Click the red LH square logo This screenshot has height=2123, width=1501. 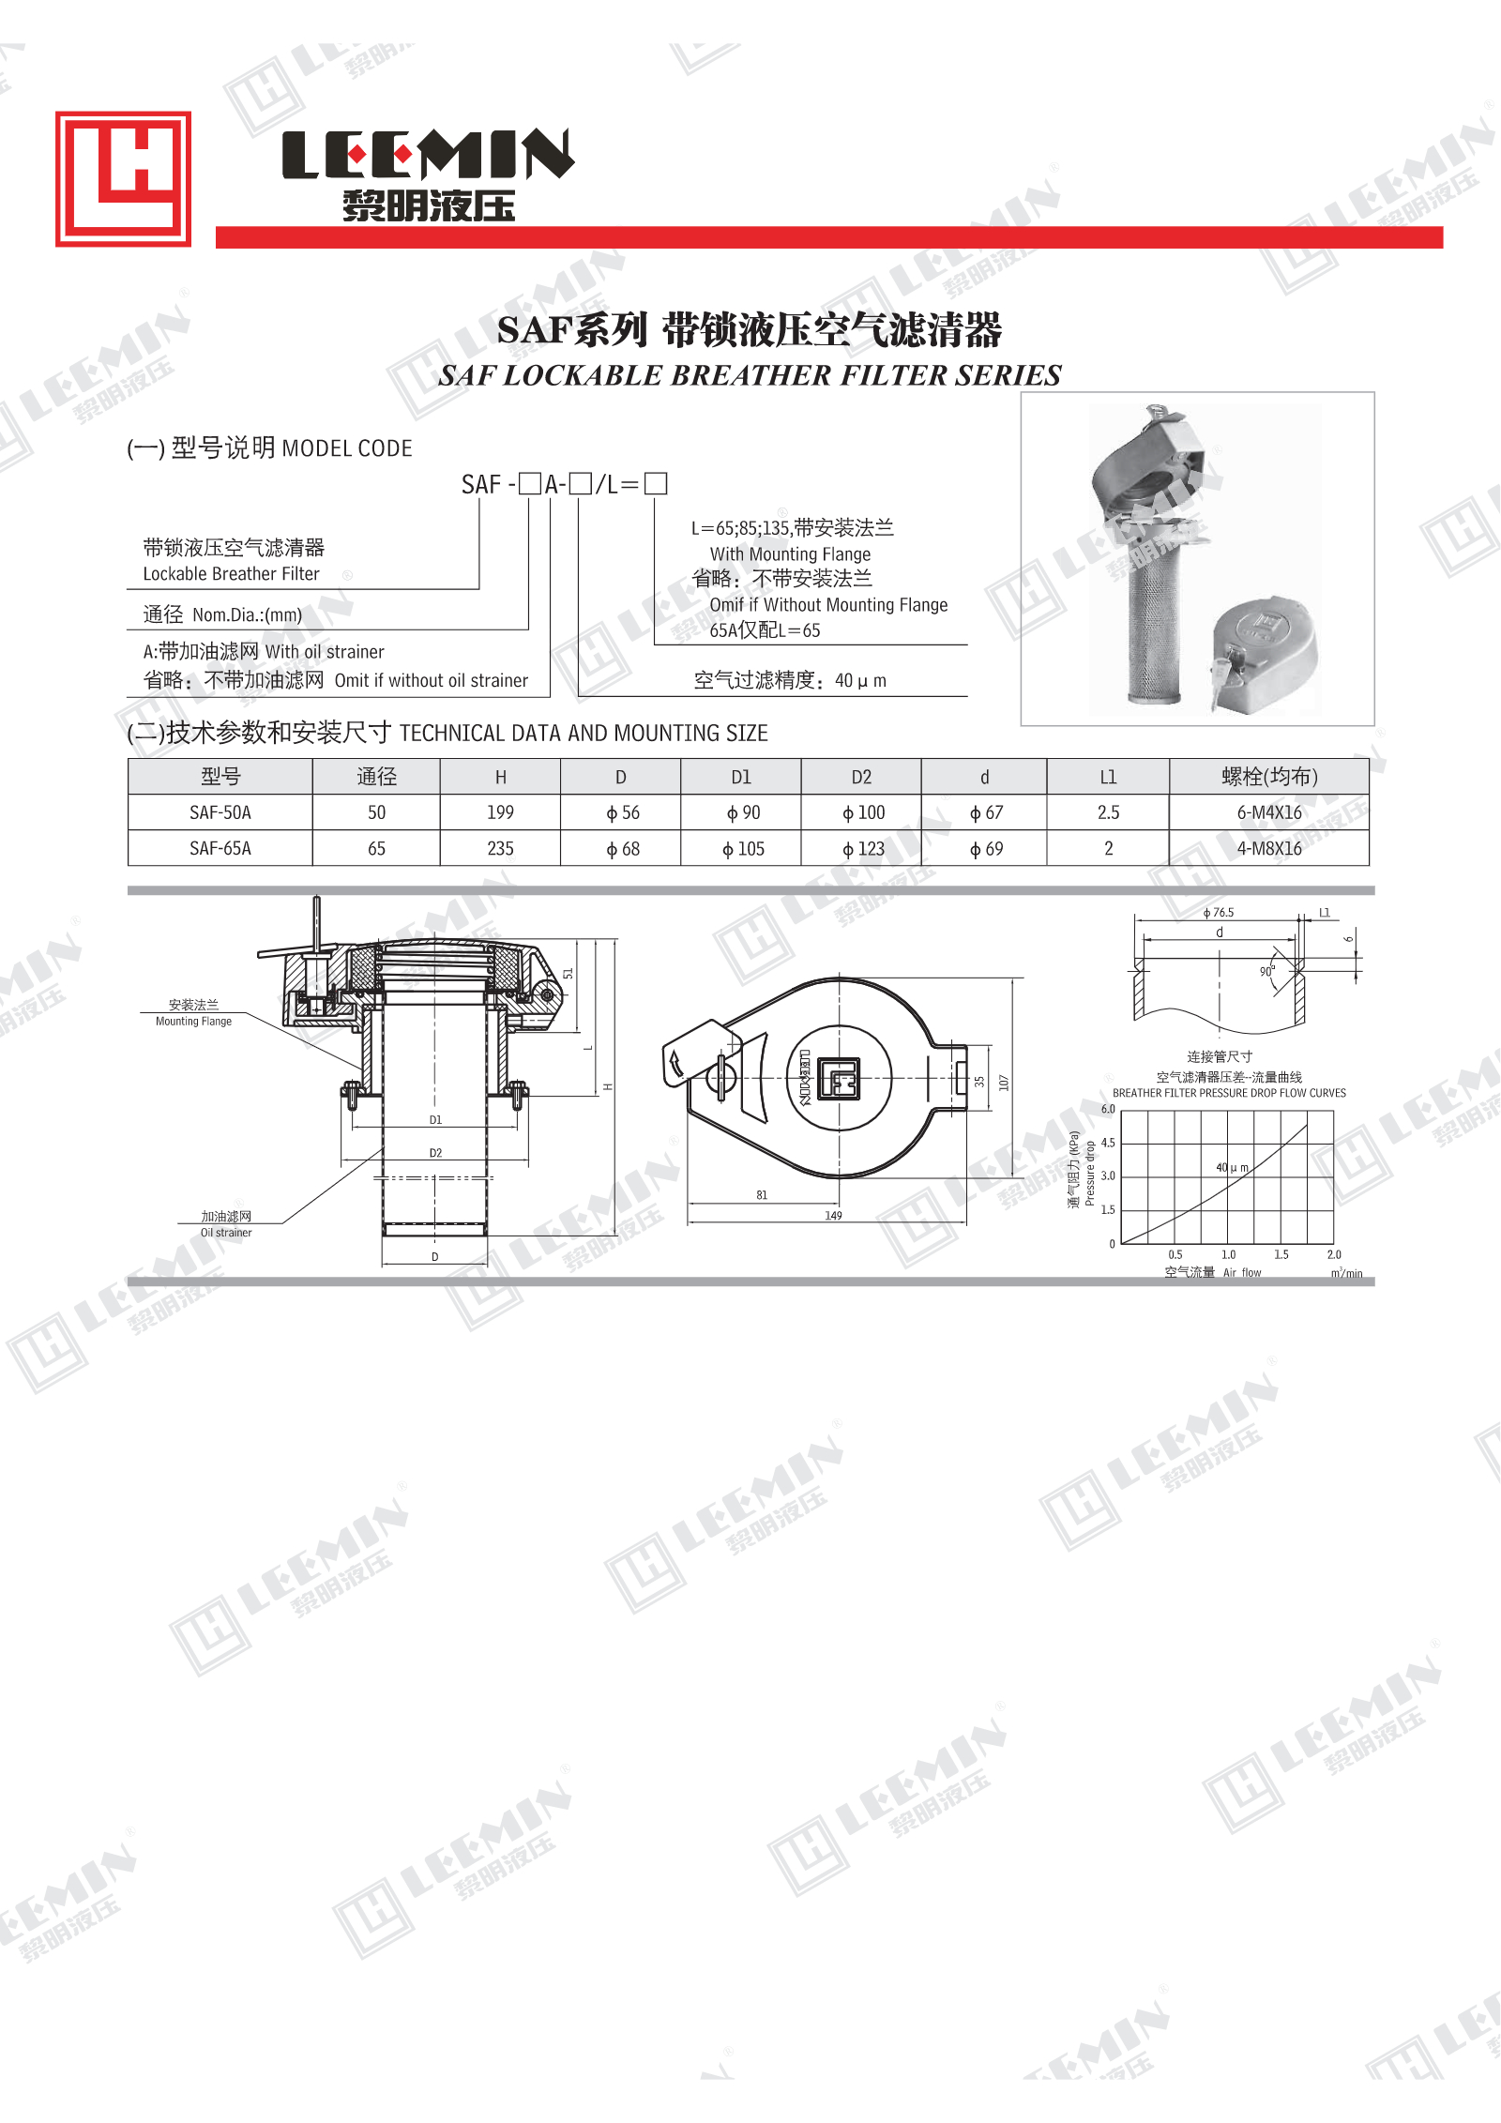pos(123,179)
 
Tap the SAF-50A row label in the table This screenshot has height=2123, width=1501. pos(220,812)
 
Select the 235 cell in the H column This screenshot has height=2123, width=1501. pos(500,849)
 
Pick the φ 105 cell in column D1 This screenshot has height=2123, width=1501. pos(743,849)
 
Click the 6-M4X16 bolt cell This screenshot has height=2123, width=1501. pos(1269,812)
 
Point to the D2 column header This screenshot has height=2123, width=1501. pos(861,777)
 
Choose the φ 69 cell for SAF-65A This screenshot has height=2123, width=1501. pos(986,849)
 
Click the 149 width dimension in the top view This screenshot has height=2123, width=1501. pos(833,1216)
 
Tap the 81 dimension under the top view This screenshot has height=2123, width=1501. pos(762,1195)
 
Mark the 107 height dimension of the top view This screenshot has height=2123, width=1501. pos(1004,1083)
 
